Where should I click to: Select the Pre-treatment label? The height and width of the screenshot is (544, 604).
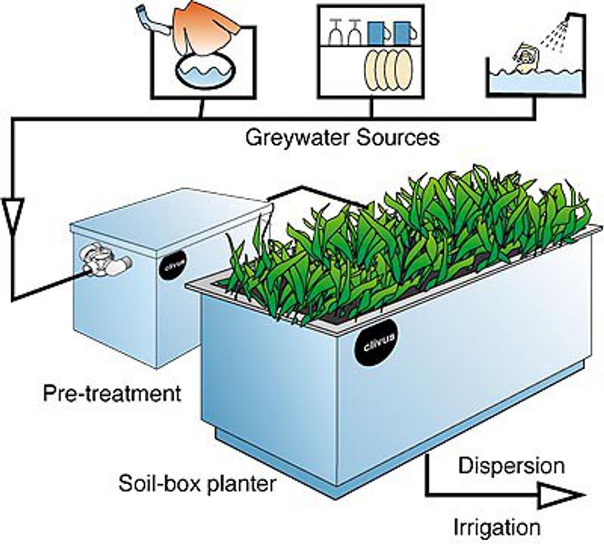point(112,393)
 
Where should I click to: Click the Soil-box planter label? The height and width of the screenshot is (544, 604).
point(197,483)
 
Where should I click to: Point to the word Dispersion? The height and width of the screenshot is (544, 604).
point(512,465)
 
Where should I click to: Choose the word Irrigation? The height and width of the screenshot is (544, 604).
point(497,527)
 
